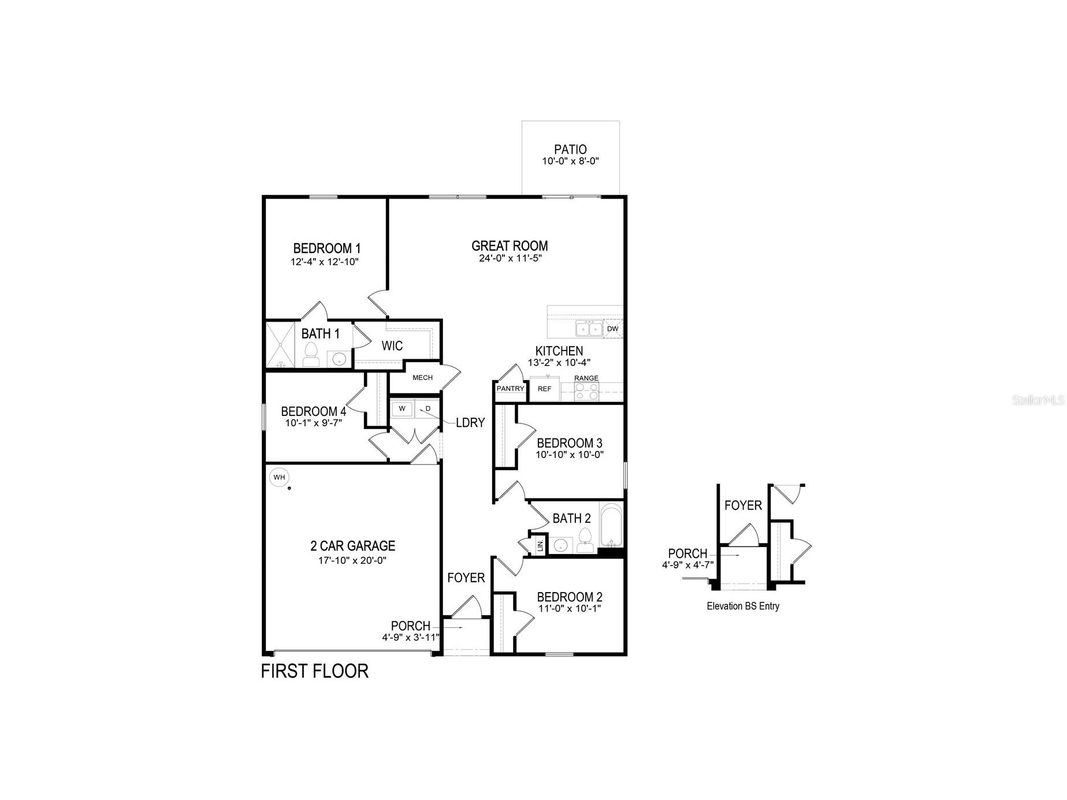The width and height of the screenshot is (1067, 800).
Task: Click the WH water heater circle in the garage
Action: point(279,477)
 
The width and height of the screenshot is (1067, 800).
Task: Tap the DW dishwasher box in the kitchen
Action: point(613,329)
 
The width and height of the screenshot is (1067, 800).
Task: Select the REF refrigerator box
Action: point(544,389)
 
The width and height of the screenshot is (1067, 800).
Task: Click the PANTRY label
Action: point(510,389)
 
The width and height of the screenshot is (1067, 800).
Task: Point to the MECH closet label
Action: point(422,378)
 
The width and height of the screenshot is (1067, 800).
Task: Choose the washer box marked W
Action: point(402,409)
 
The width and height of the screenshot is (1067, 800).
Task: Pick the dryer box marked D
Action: point(427,409)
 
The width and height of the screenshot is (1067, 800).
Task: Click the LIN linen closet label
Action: point(540,545)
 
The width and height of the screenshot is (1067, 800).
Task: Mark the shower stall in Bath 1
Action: point(280,344)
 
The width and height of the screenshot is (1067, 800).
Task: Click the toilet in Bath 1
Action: point(311,354)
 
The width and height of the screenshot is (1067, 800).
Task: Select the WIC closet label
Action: point(392,346)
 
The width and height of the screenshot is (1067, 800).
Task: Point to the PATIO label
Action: point(570,150)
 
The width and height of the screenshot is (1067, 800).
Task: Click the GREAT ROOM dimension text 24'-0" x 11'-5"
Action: point(510,259)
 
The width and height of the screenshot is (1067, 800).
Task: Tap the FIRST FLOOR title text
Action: point(314,671)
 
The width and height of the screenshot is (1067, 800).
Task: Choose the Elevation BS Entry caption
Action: point(743,606)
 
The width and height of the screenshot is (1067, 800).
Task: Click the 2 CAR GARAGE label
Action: point(352,546)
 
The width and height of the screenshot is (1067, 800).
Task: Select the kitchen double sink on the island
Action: point(589,329)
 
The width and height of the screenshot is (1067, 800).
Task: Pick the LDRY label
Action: point(470,423)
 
